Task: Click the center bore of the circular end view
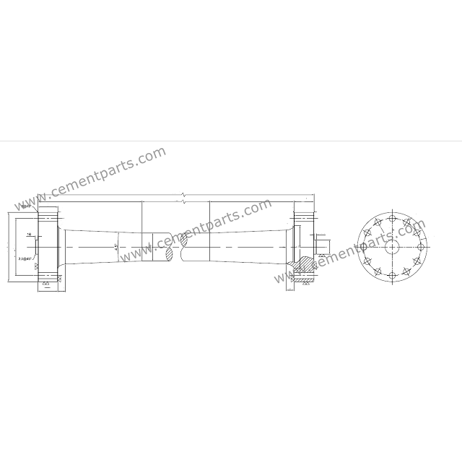pyautogui.click(x=392, y=247)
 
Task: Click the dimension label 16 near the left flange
pyautogui.click(x=28, y=235)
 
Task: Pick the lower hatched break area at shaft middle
pyautogui.click(x=169, y=254)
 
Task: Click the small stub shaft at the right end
pyautogui.click(x=323, y=247)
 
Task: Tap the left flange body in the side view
pyautogui.click(x=47, y=247)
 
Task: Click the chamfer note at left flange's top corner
pyautogui.click(x=26, y=206)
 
